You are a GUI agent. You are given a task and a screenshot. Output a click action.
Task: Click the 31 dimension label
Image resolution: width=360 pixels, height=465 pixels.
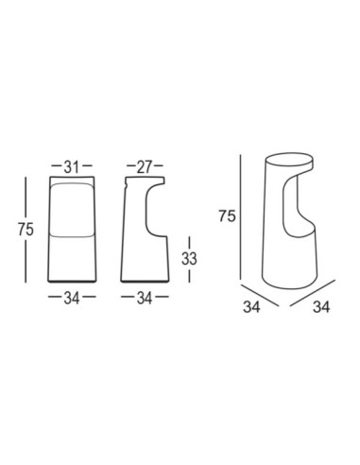point(71,167)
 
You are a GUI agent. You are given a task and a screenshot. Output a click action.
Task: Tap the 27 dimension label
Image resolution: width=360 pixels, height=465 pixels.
point(145,167)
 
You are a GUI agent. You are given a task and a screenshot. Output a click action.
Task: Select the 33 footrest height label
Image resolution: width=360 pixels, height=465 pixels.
point(189,259)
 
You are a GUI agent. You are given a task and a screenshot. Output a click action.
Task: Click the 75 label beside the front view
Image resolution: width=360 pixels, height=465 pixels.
point(26,229)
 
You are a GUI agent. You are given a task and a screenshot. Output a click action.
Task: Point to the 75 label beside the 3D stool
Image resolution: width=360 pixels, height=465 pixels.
point(228,216)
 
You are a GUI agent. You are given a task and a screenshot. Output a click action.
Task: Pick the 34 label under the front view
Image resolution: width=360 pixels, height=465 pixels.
point(72,298)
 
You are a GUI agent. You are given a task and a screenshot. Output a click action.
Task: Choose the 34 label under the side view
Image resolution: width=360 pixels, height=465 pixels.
point(145,298)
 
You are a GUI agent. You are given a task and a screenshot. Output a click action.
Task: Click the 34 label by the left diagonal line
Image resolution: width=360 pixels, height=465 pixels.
point(251,306)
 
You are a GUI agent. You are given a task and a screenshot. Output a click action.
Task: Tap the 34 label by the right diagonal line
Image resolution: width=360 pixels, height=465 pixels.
point(321,306)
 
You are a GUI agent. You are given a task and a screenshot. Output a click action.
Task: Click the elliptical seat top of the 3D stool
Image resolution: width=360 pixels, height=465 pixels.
point(289,161)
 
